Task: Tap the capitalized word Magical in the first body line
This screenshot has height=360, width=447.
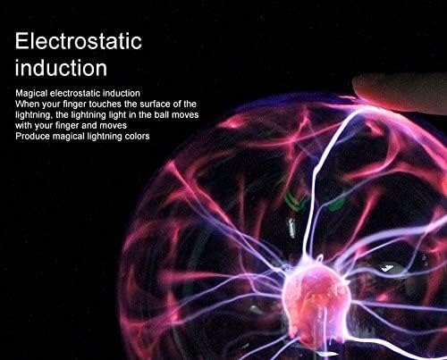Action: coord(30,94)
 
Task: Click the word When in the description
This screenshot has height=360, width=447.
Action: coord(27,105)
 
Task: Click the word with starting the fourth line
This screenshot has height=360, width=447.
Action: coord(22,125)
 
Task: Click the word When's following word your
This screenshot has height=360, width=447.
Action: coord(48,105)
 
